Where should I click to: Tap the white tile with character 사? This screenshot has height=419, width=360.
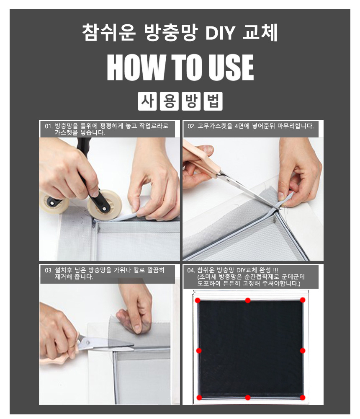click(147, 101)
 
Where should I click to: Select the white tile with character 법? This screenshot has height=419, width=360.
click(213, 101)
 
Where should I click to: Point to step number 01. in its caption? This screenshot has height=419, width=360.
click(49, 126)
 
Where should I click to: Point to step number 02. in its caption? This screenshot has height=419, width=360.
click(192, 126)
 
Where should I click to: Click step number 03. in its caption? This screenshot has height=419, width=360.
click(49, 270)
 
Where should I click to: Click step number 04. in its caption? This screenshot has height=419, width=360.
click(192, 270)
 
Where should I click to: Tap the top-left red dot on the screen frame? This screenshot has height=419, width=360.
click(199, 300)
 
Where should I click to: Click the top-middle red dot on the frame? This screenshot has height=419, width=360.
click(248, 300)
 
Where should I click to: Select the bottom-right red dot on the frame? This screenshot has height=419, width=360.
click(303, 397)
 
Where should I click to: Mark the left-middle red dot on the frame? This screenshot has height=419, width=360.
click(199, 350)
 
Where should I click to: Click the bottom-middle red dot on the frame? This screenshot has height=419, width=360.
click(248, 397)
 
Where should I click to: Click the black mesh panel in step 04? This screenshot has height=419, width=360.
click(250, 348)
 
